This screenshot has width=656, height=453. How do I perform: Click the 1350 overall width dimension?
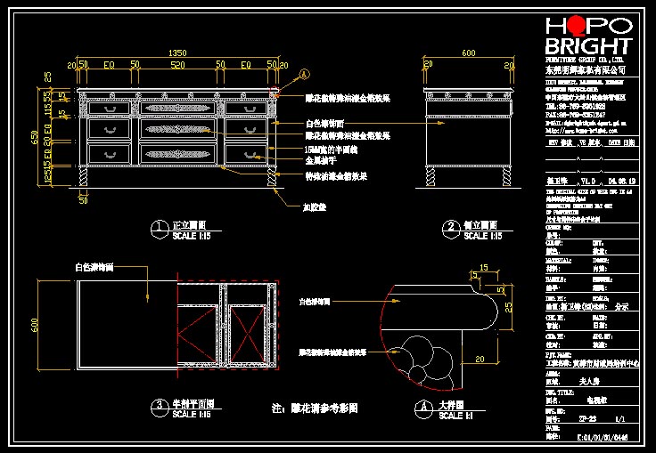[177, 53]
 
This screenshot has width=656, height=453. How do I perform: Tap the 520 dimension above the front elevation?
[177, 65]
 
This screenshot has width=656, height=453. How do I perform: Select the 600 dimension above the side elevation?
[468, 53]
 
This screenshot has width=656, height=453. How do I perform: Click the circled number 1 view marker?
[159, 228]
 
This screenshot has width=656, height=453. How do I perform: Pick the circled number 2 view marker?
[450, 228]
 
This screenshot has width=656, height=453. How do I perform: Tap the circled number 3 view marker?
[159, 407]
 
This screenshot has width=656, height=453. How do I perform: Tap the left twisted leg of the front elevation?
[84, 177]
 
